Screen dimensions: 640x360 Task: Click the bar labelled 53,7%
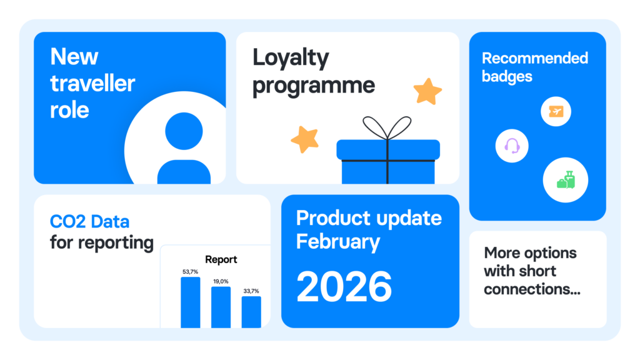191,302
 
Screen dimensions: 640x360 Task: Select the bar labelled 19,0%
221,307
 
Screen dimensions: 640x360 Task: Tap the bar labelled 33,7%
251,312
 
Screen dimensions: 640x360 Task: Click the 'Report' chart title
221,259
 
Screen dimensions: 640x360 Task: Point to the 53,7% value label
190,272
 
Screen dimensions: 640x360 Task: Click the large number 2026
344,287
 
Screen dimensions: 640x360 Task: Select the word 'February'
338,242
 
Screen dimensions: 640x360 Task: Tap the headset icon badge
512,146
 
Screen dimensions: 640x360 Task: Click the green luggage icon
566,180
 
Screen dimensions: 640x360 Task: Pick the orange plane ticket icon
556,111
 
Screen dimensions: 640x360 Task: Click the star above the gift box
427,91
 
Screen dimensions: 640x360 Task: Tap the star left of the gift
305,139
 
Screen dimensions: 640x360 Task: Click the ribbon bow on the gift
387,127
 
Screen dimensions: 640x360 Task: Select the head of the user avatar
184,131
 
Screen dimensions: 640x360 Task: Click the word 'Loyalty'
291,58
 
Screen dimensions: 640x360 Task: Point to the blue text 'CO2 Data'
89,222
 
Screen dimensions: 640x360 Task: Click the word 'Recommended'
535,58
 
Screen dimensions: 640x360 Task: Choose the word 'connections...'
532,289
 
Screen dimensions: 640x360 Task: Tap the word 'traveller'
92,83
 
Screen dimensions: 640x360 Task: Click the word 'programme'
314,86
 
